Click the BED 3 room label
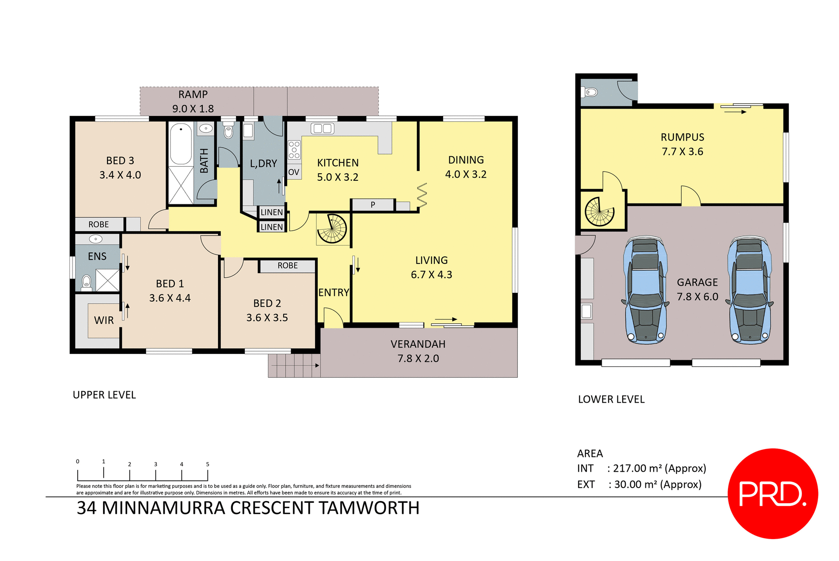coord(120,161)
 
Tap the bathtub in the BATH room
coord(181,144)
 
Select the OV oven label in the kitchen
coord(294,172)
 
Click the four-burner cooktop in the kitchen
coord(294,150)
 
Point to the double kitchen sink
coord(322,128)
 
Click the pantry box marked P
coord(373,204)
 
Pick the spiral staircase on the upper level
coord(332,228)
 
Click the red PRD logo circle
coord(773,494)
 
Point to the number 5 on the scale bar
coord(208,464)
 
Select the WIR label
coord(104,320)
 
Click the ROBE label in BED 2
coord(288,266)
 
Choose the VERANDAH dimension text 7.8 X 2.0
coord(418,358)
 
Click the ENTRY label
coord(334,292)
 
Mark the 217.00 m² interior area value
coord(637,468)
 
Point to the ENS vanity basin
coord(96,239)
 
